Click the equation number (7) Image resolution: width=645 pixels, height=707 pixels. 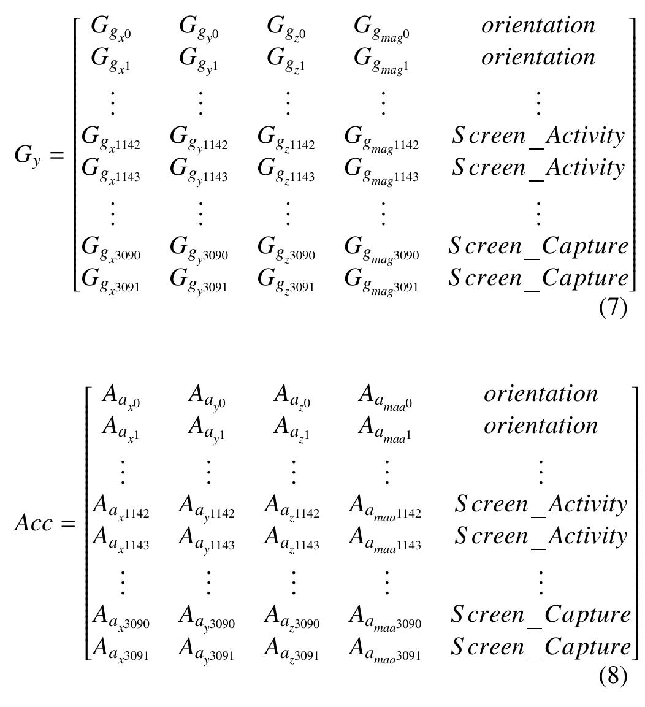click(613, 308)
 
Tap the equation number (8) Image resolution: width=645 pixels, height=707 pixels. click(613, 676)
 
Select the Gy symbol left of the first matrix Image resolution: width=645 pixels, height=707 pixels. click(28, 156)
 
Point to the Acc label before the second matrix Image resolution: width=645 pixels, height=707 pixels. click(34, 523)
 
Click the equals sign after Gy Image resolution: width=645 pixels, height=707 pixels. click(57, 156)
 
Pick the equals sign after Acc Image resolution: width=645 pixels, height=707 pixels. click(68, 524)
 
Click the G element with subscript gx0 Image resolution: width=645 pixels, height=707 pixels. click(111, 28)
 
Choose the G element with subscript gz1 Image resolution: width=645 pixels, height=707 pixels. click(286, 60)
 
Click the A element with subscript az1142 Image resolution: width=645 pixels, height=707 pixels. click(292, 507)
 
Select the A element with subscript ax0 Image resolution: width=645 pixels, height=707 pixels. click(121, 396)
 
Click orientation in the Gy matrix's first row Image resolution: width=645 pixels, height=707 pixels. click(538, 25)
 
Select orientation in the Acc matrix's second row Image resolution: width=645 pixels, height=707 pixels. click(541, 426)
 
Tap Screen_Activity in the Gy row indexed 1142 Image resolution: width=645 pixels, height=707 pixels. click(538, 137)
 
